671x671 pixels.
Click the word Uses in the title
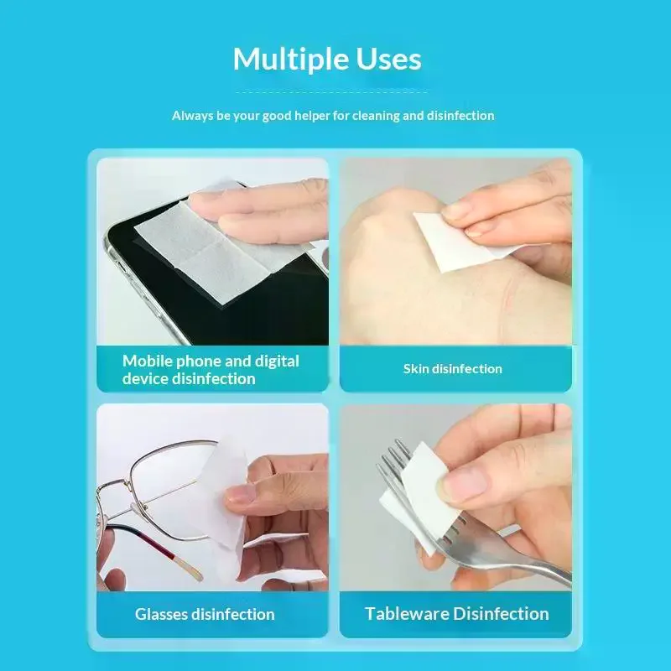388,59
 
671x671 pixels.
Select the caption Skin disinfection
453,369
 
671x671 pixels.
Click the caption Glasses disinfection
205,614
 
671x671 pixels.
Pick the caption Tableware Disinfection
456,614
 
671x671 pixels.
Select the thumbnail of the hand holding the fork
455,497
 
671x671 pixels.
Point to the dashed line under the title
331,91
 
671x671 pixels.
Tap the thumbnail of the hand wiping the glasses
213,497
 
